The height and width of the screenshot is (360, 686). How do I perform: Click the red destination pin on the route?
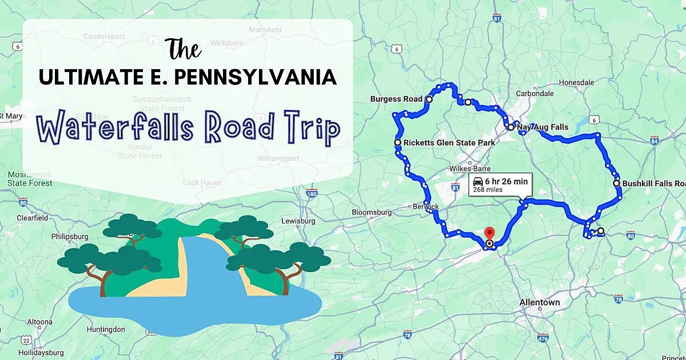pos(489,234)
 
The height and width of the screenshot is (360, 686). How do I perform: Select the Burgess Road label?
pos(396,99)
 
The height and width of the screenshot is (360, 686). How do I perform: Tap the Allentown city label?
pos(540,302)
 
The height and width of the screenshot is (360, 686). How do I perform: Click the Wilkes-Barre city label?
pos(469,169)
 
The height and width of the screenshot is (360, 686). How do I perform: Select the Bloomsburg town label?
pos(372,212)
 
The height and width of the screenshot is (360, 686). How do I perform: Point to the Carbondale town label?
pos(535,94)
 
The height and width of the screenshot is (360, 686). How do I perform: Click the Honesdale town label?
pos(577,82)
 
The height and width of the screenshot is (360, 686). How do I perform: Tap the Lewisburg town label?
pos(298,221)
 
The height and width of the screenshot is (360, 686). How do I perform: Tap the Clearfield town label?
pos(32,218)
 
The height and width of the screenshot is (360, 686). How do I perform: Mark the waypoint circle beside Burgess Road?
pos(429,99)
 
